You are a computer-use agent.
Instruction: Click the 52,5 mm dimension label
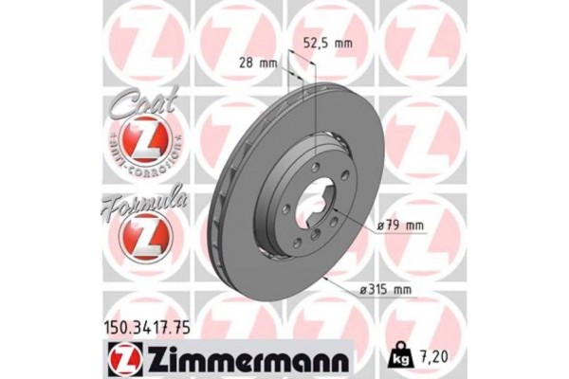point(327,44)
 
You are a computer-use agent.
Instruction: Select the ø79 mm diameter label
point(400,225)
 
